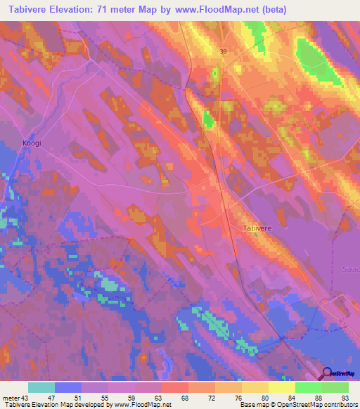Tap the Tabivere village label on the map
[256, 228]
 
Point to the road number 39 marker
[223, 51]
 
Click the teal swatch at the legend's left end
[41, 387]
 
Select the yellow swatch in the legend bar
[282, 387]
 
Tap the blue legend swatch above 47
[68, 387]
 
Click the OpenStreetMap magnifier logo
[328, 373]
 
